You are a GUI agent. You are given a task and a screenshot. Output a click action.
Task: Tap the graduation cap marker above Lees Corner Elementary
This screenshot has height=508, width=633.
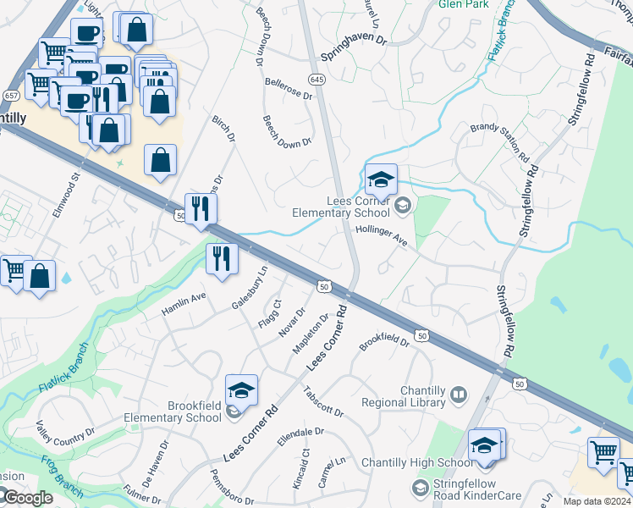(x=382, y=180)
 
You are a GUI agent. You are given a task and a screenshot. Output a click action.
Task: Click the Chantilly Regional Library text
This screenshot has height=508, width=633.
(x=403, y=395)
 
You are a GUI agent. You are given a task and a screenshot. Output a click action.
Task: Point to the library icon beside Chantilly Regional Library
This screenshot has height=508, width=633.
(x=458, y=395)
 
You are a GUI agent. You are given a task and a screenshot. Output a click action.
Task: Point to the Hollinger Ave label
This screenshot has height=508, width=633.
(x=383, y=235)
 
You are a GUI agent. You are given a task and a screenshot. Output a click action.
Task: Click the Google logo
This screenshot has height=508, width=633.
(x=27, y=499)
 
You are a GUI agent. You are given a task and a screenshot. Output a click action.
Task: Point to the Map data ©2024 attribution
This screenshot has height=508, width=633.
(x=597, y=501)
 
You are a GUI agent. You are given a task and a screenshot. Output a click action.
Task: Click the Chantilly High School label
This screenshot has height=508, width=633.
(x=417, y=462)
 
